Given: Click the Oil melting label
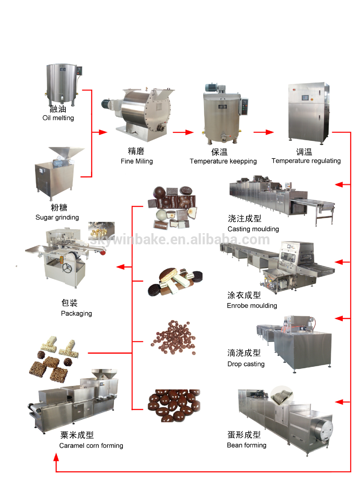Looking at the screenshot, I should (58, 118).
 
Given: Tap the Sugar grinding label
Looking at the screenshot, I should (57, 217).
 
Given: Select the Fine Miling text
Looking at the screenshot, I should (137, 161).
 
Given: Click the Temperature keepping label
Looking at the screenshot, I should (223, 161).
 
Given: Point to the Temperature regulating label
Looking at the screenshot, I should (306, 161).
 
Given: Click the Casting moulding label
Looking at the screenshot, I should (253, 229).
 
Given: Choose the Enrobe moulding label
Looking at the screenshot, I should (252, 306).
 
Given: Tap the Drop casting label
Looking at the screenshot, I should (246, 364).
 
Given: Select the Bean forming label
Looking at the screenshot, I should (246, 445).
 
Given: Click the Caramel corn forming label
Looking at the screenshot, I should (91, 445).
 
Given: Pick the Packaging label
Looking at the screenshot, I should (76, 314).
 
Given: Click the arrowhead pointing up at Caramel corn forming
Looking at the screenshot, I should (56, 458).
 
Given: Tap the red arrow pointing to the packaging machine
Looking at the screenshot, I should (121, 267).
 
